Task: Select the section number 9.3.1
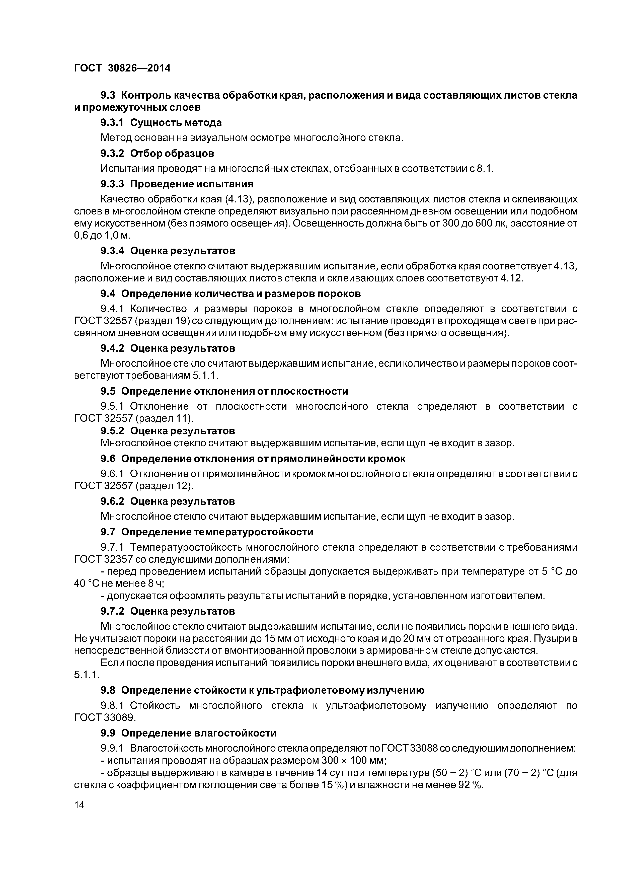pyautogui.click(x=112, y=123)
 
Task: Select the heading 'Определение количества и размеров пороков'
pyautogui.click(x=241, y=294)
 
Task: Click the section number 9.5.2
pyautogui.click(x=112, y=431)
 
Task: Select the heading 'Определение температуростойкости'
pyautogui.click(x=217, y=532)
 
